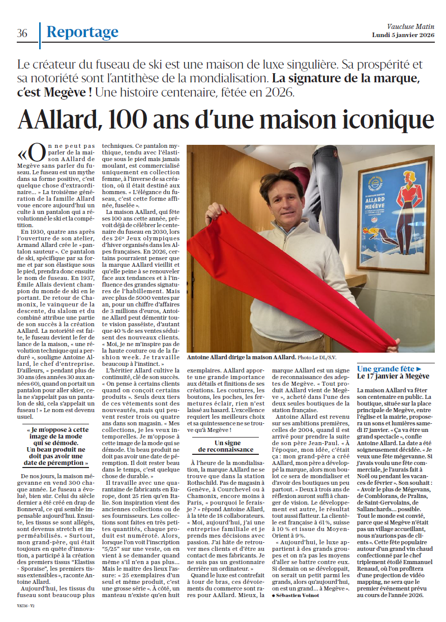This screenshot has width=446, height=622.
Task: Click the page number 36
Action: pos(22,34)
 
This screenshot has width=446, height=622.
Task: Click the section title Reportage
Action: pos(82,33)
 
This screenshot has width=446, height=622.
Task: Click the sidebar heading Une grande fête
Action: pos(389,369)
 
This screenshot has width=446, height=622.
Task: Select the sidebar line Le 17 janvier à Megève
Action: pos(393,377)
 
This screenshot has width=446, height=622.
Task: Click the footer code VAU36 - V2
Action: pos(24,606)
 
